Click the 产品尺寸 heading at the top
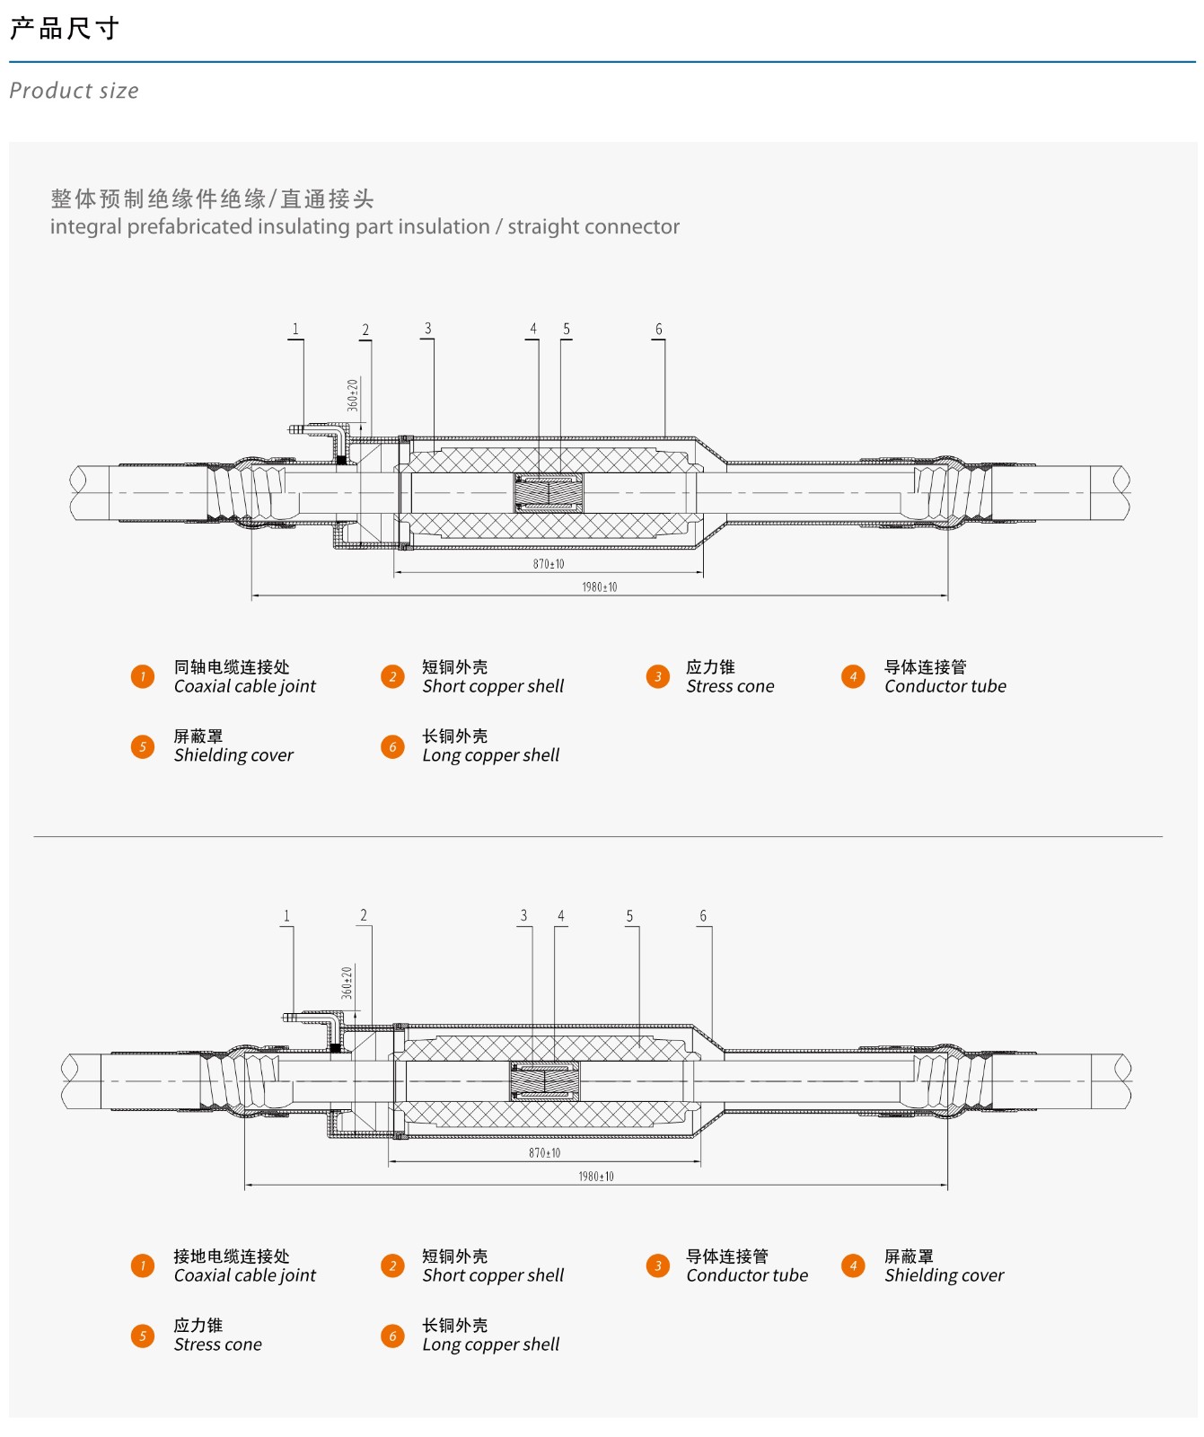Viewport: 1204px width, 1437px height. pyautogui.click(x=65, y=29)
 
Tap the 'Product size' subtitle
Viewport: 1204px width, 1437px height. pyautogui.click(x=74, y=91)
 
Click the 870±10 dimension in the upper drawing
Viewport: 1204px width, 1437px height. pyautogui.click(x=549, y=564)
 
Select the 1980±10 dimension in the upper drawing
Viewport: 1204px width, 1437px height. pyautogui.click(x=600, y=586)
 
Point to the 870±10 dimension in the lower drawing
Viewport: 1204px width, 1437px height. pyautogui.click(x=544, y=1152)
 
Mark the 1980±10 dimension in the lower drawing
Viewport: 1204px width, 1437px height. pyautogui.click(x=596, y=1176)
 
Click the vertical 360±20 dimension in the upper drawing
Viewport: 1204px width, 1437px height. pyautogui.click(x=353, y=395)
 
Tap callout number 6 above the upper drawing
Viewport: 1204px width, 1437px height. pyautogui.click(x=659, y=330)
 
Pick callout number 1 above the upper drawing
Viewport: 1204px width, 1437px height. pyautogui.click(x=295, y=330)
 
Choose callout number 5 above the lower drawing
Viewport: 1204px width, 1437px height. pyautogui.click(x=629, y=916)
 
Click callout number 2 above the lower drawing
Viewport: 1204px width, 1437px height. pyautogui.click(x=364, y=915)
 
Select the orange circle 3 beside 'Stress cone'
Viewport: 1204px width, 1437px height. pyautogui.click(x=658, y=676)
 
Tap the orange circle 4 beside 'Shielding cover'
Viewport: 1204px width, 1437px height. pyautogui.click(x=853, y=1265)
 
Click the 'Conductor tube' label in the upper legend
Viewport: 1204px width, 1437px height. pyautogui.click(x=945, y=686)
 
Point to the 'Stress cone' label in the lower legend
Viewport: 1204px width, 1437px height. pyautogui.click(x=218, y=1344)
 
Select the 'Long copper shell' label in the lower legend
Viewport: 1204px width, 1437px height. pyautogui.click(x=490, y=1344)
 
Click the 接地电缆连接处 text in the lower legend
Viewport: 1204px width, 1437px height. pyautogui.click(x=232, y=1256)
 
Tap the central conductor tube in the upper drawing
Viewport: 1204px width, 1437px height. pyautogui.click(x=549, y=493)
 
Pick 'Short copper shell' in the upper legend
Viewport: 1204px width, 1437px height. pyautogui.click(x=493, y=686)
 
